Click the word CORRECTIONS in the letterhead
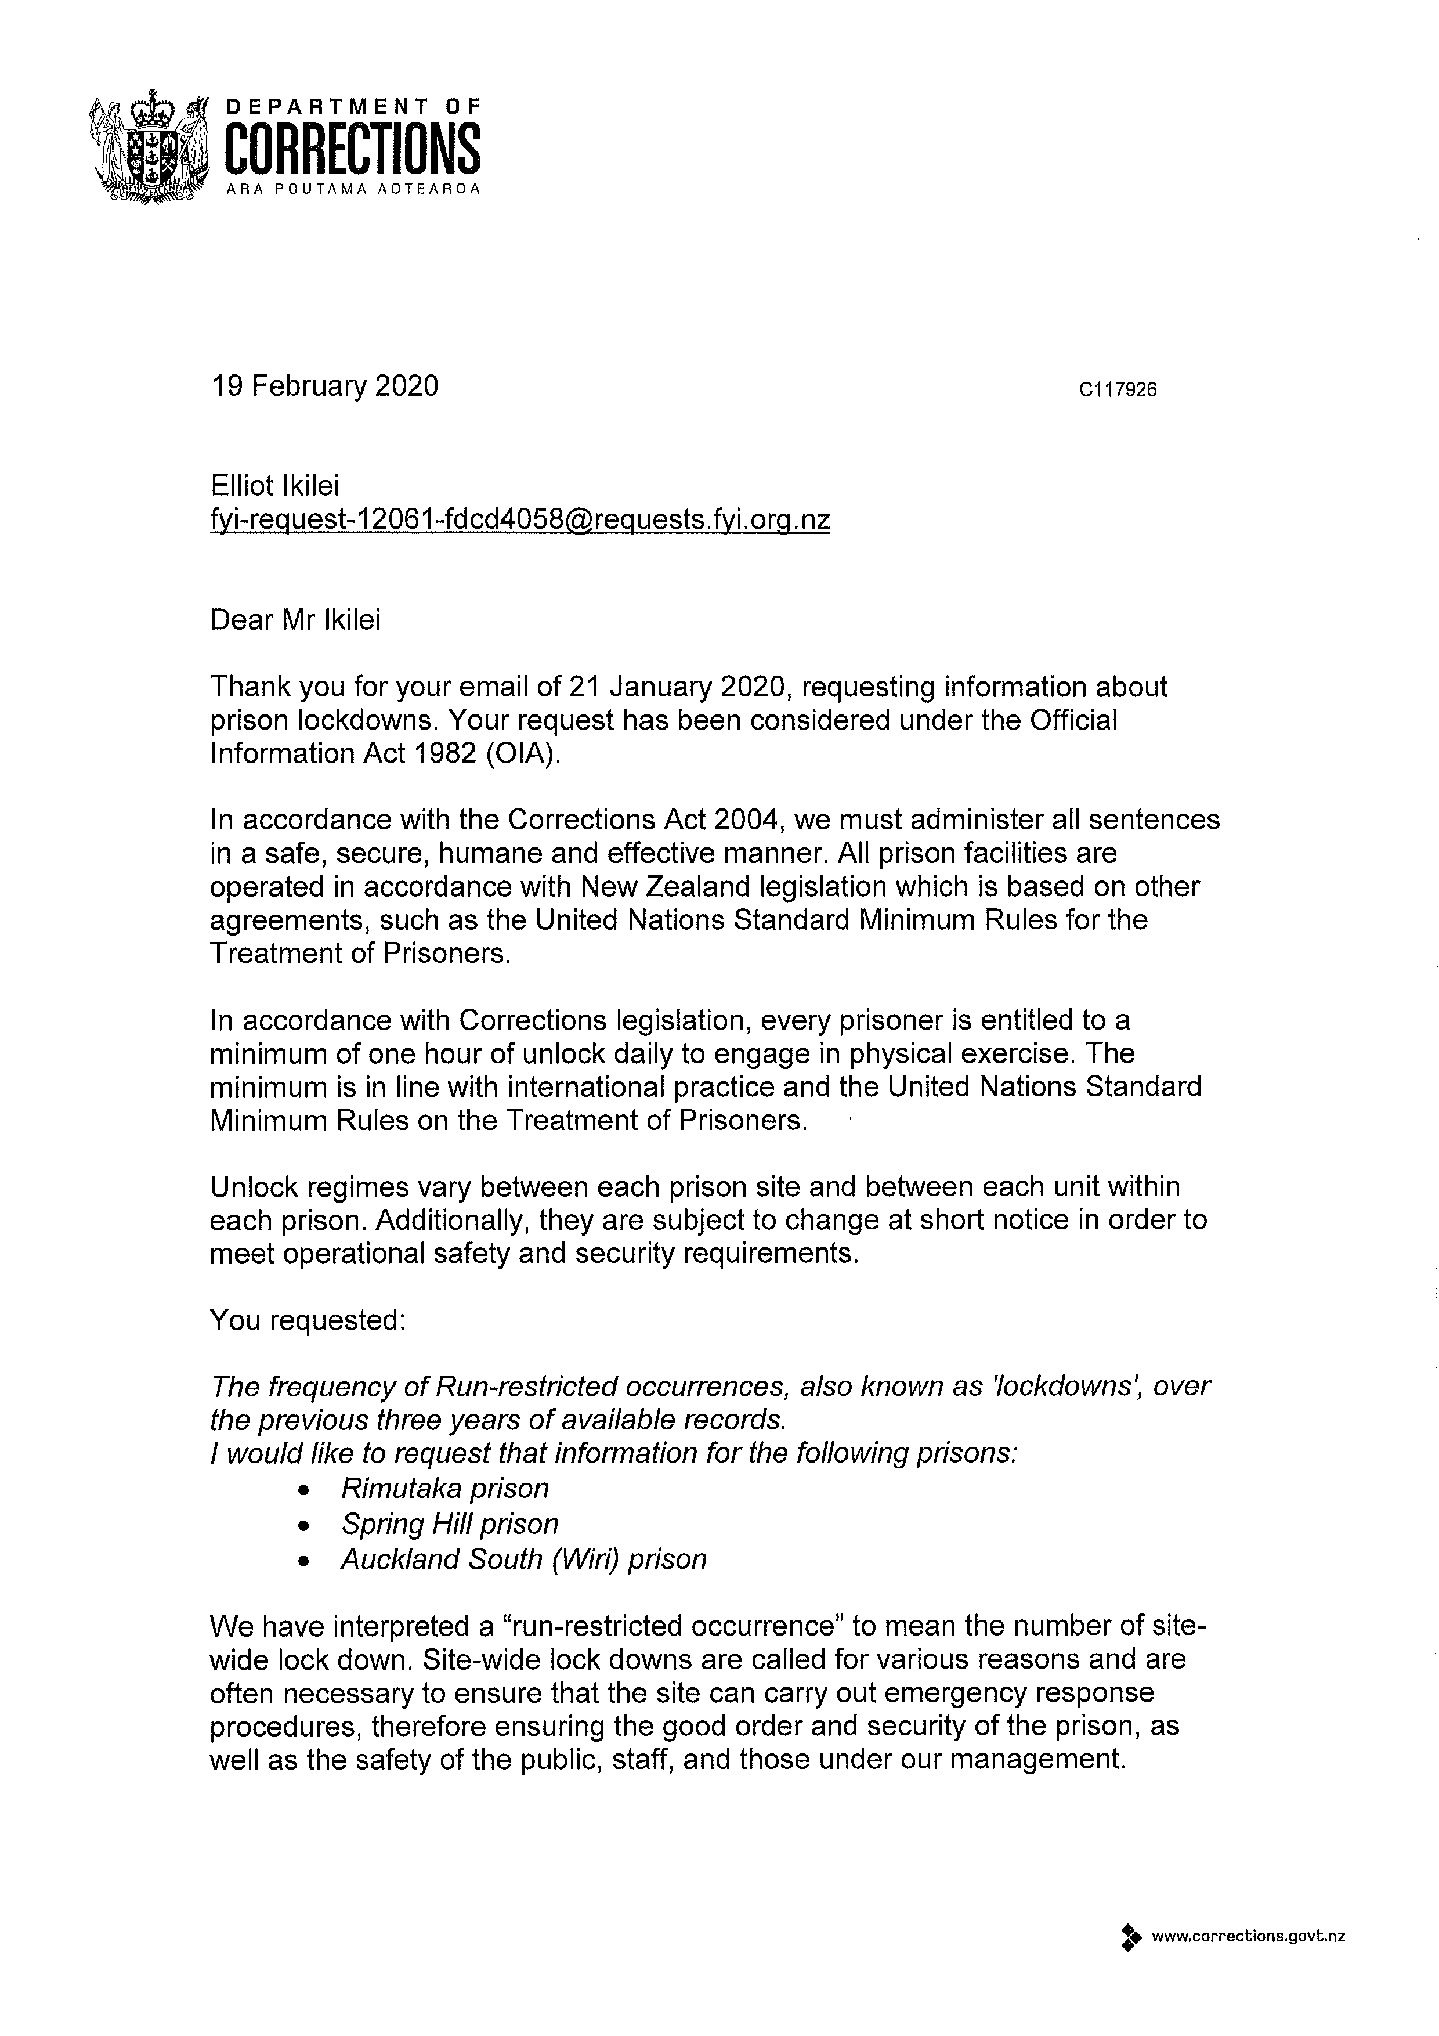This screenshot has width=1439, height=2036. (353, 147)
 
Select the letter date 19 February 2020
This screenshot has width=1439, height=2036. (324, 386)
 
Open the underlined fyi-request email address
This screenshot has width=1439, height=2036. (519, 519)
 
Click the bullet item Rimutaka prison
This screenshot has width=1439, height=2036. (445, 1488)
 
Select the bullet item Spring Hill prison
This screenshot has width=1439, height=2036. (450, 1524)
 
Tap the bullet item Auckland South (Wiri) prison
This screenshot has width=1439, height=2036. (523, 1559)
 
